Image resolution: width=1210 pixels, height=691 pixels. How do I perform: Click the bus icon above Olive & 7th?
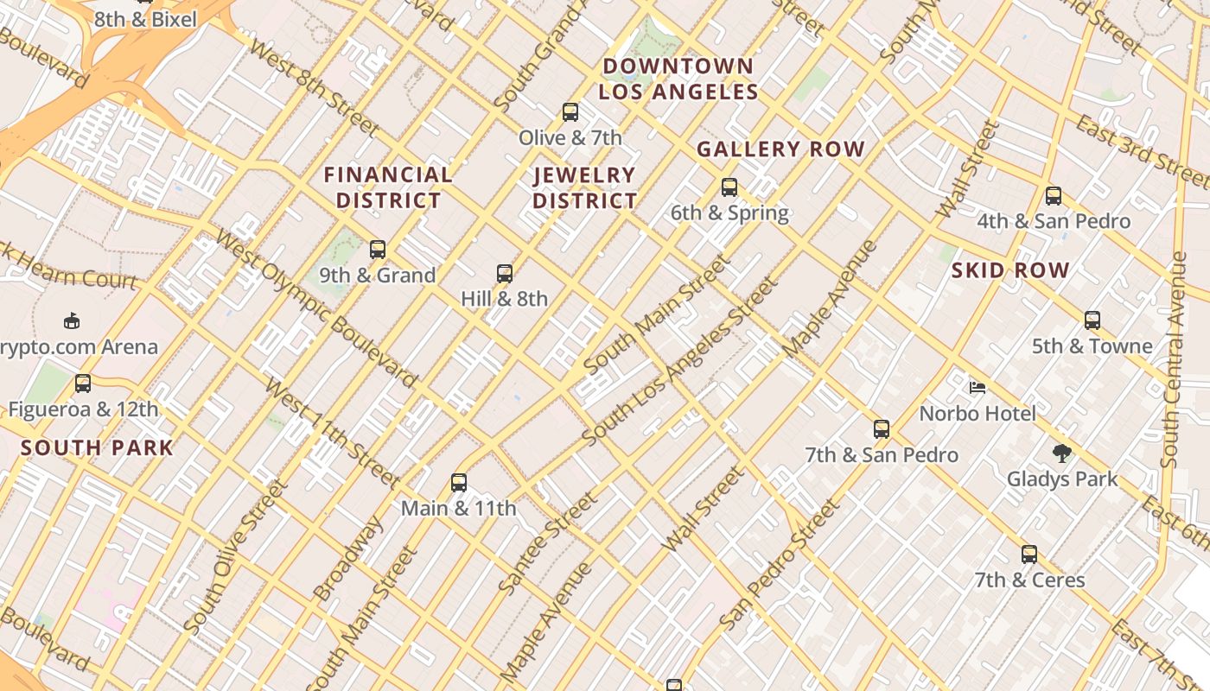(570, 112)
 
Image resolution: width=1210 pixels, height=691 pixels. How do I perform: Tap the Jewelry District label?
(584, 188)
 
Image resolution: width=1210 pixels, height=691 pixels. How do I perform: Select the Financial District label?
(388, 187)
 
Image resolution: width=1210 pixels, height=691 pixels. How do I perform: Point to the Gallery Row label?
(780, 149)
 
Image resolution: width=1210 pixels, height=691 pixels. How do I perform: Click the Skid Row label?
(1010, 270)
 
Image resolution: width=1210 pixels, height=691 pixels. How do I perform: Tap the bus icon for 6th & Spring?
(729, 187)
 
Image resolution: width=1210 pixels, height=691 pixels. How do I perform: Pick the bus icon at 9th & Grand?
(378, 250)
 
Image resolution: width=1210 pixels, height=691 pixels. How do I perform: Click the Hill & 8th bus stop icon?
(505, 274)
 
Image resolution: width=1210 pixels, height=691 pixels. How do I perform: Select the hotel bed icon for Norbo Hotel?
(978, 388)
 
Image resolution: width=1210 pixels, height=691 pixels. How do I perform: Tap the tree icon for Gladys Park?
(1061, 453)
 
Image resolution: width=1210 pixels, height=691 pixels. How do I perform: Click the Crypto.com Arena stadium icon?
(72, 321)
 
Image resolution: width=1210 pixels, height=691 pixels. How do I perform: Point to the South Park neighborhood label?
(97, 448)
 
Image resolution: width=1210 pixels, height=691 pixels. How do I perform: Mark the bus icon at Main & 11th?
(459, 483)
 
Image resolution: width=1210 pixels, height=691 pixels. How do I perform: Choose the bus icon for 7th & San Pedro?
(882, 429)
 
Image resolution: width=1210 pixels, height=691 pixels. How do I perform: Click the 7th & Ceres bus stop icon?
(1029, 555)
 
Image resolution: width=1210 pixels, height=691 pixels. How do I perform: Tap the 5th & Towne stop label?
(1092, 346)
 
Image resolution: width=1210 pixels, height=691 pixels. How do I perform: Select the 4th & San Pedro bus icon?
(1053, 196)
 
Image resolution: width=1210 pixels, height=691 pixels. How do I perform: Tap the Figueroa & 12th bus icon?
(83, 384)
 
